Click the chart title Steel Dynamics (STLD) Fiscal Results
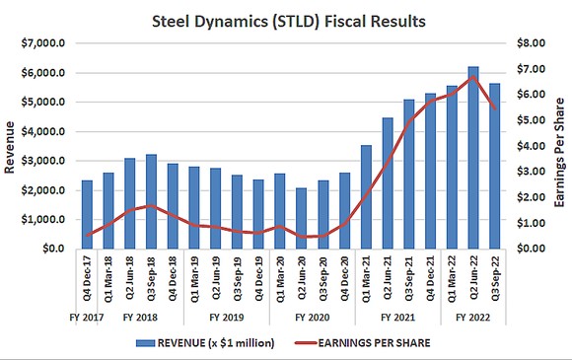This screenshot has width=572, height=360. [x=285, y=20]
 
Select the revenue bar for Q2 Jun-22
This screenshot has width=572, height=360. [x=472, y=158]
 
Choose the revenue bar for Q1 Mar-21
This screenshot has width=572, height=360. [x=365, y=197]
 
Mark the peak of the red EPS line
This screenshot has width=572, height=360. [x=472, y=77]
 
